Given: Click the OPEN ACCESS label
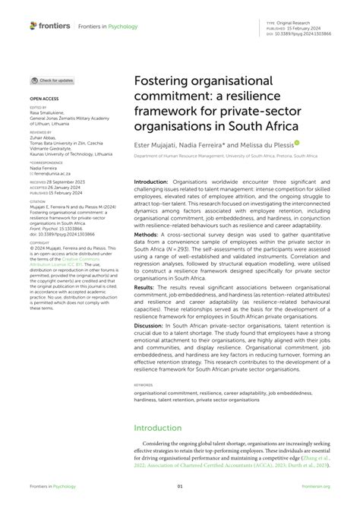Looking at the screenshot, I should pos(43,99).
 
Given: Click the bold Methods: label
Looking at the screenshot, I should pos(147,236).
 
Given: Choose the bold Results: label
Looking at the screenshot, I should pos(146,309).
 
